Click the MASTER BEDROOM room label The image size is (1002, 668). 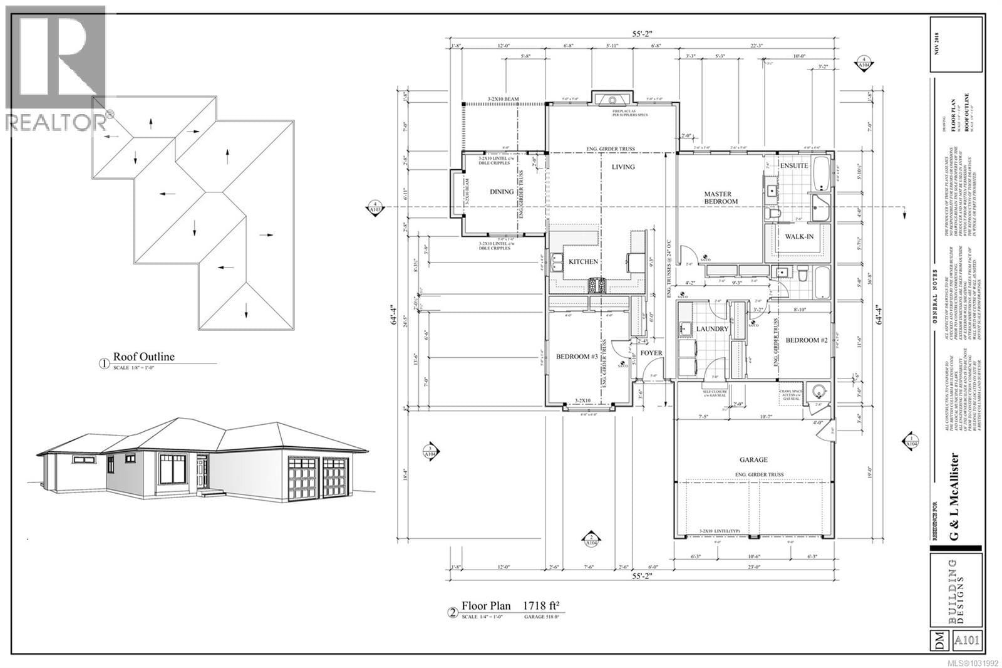pyautogui.click(x=721, y=197)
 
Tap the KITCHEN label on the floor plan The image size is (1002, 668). pyautogui.click(x=582, y=261)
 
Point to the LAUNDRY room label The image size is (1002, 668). pyautogui.click(x=712, y=329)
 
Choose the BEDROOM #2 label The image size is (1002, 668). pyautogui.click(x=807, y=340)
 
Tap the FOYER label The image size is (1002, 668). pyautogui.click(x=651, y=353)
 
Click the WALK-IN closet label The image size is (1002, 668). pyautogui.click(x=795, y=236)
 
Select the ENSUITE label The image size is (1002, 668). pyautogui.click(x=793, y=165)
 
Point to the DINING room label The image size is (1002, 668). pyautogui.click(x=501, y=192)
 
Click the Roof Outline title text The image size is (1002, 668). pyautogui.click(x=143, y=357)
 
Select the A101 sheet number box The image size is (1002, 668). pyautogui.click(x=968, y=640)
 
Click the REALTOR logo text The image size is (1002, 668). pyautogui.click(x=56, y=122)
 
